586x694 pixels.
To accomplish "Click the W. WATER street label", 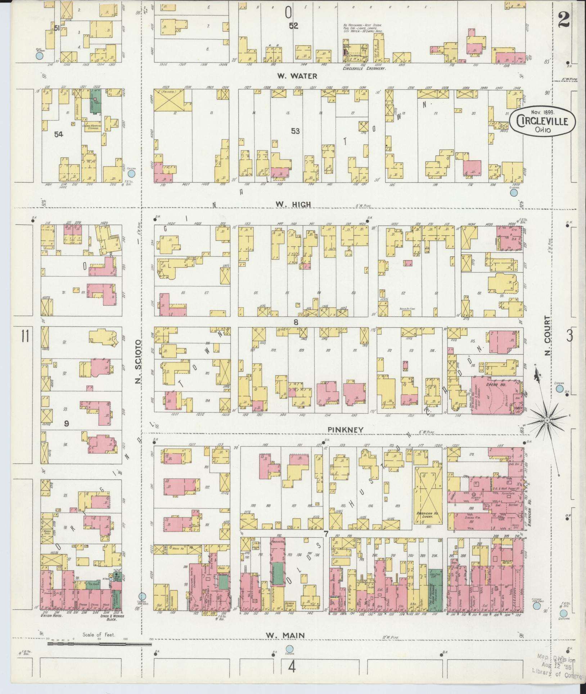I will click(297, 76).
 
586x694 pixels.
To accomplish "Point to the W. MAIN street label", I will click(286, 636).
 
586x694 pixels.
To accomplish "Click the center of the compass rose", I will click(546, 420).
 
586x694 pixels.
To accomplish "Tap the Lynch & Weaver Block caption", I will click(108, 617).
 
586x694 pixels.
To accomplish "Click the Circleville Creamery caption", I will click(364, 68).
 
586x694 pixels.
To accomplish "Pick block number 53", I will click(295, 131).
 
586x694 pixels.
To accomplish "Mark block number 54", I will click(59, 134).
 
